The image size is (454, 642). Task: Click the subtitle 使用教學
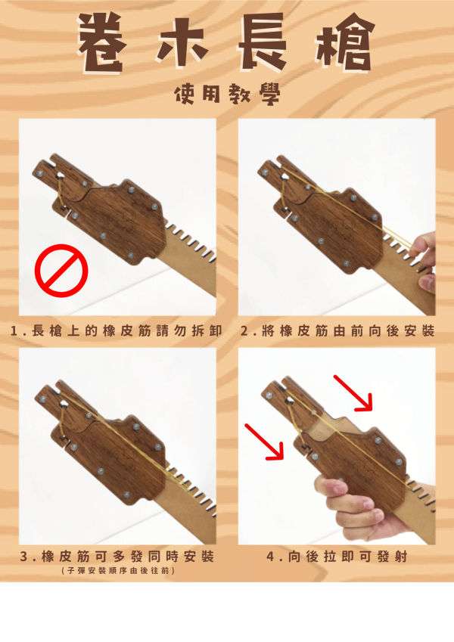click(x=227, y=94)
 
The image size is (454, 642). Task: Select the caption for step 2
click(x=337, y=331)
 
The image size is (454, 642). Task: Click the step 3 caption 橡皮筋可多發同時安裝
click(x=117, y=557)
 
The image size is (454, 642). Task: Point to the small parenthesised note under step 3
click(x=117, y=571)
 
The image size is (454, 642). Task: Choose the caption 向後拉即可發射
click(x=337, y=557)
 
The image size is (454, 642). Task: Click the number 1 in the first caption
click(x=16, y=331)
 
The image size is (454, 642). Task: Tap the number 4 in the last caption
click(x=270, y=557)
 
